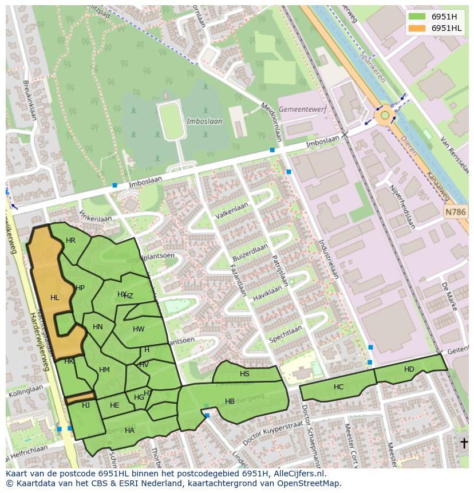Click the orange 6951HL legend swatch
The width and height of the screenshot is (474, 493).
418,28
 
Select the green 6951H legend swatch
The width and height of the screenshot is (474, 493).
418,17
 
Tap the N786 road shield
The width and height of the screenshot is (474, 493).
456,212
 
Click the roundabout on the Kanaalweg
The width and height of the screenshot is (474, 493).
385,116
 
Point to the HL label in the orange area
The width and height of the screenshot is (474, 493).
55,298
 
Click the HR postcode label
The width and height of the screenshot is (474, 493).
70,240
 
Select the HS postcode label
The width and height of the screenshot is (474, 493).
244,374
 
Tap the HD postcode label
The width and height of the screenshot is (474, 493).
409,369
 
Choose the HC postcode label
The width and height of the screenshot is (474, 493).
338,387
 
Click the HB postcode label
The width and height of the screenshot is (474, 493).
230,401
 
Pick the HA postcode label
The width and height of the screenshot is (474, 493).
129,431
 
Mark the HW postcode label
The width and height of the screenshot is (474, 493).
139,329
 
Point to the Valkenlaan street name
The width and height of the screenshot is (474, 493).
232,210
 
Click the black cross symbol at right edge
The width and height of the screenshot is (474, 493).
464,443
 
